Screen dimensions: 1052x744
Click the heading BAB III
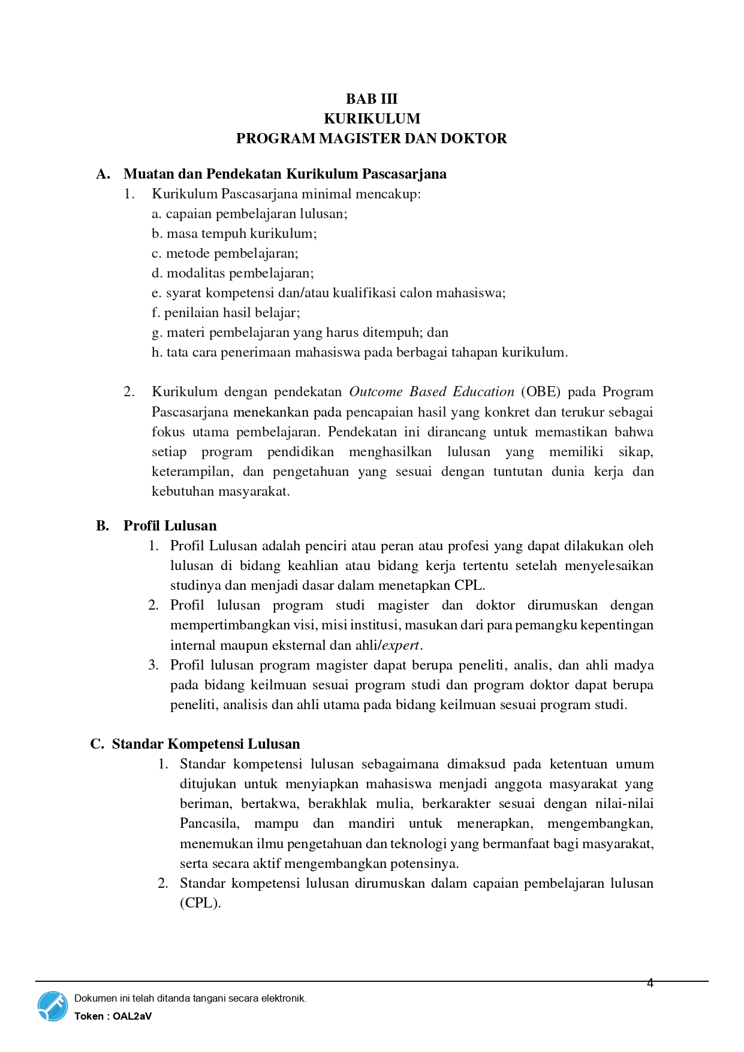click(x=371, y=99)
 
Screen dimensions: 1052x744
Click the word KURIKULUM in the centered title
click(x=372, y=119)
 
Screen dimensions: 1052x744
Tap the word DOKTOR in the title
click(x=473, y=138)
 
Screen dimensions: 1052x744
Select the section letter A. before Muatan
click(x=103, y=174)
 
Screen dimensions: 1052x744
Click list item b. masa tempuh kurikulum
click(x=234, y=234)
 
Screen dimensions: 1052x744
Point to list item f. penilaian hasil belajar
click(x=226, y=313)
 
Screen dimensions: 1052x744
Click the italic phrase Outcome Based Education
click(x=431, y=392)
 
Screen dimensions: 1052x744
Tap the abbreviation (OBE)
click(x=540, y=392)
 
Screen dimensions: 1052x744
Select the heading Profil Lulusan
click(x=170, y=526)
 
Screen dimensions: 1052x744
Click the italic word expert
click(x=401, y=646)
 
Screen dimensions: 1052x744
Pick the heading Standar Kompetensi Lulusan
click(x=206, y=744)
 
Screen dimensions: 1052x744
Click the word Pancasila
click(x=209, y=824)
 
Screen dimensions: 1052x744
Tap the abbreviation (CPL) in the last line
click(x=200, y=903)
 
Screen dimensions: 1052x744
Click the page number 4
click(x=650, y=983)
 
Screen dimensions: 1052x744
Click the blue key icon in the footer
click(x=53, y=1006)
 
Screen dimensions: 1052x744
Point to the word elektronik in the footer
click(x=284, y=999)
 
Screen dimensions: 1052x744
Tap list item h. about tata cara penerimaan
click(x=360, y=352)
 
